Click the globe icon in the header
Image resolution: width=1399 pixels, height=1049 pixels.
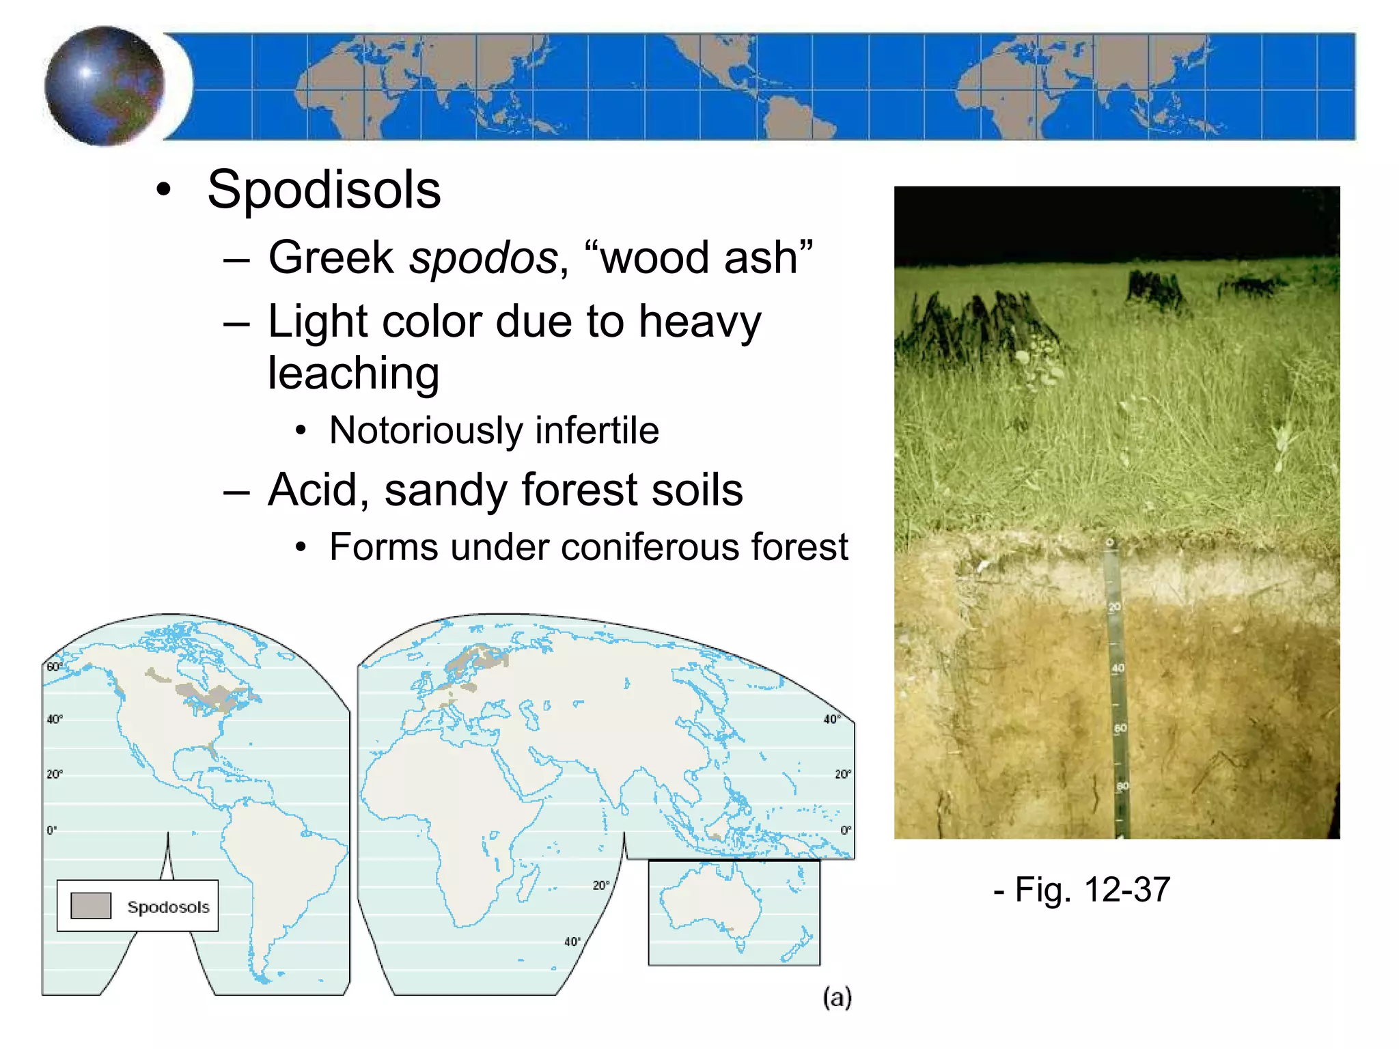tap(105, 85)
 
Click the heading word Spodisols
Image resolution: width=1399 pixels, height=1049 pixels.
tap(324, 189)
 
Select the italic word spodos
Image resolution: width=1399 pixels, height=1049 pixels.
tap(483, 257)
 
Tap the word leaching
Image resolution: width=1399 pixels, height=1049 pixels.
tap(353, 373)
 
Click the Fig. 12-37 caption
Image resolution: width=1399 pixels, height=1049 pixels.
tap(1082, 889)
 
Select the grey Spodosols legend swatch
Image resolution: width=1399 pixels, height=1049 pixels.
tap(91, 906)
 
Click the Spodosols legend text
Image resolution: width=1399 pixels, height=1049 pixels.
tap(168, 907)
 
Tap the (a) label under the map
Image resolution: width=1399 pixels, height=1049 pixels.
tap(837, 997)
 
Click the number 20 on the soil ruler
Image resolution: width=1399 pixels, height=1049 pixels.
tap(1114, 606)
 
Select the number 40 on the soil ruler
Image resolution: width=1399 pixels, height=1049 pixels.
tap(1118, 668)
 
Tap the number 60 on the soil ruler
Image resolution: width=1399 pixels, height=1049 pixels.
tap(1120, 729)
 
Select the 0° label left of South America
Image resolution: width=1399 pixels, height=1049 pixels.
tap(52, 830)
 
